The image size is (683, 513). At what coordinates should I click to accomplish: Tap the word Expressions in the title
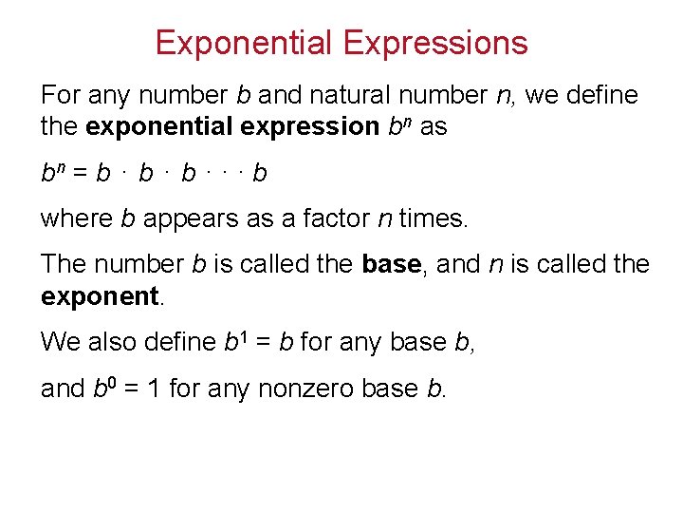click(435, 43)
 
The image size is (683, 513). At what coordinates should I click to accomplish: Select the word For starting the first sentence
click(61, 95)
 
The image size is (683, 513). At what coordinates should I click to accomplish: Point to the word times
click(434, 218)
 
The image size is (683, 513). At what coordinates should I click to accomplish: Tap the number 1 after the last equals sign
click(153, 388)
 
